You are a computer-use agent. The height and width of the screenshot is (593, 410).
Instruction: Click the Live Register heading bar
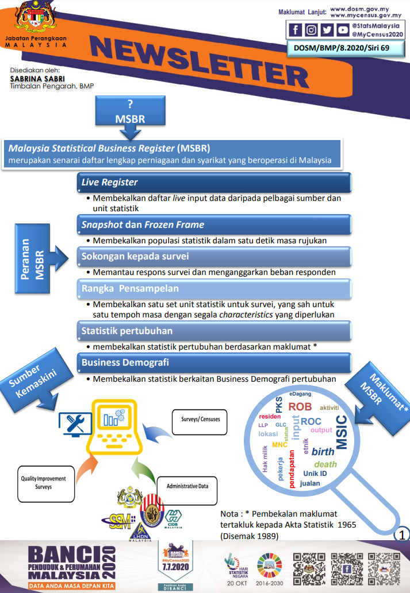(x=213, y=183)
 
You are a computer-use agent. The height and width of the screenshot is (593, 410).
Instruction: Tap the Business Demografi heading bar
(x=213, y=363)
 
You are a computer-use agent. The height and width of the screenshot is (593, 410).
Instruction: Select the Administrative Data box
(x=187, y=486)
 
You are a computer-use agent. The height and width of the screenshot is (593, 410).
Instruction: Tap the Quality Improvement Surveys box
(x=44, y=482)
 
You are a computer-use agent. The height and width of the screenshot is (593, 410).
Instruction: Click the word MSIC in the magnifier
(x=341, y=432)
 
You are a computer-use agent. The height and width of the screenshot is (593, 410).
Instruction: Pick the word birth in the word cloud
(x=323, y=452)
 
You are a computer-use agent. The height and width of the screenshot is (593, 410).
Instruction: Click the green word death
(x=325, y=464)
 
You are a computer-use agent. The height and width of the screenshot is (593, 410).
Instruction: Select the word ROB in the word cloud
(x=300, y=406)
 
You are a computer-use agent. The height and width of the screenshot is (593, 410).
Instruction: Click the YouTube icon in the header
(x=343, y=30)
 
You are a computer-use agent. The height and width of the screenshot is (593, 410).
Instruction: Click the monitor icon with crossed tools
(x=75, y=425)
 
